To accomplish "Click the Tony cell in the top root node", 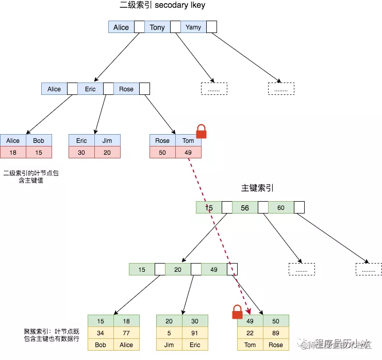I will tap(157, 27).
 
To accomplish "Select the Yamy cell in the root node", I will tap(193, 27).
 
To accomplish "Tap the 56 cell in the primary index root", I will tap(245, 207).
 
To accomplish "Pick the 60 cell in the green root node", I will tap(281, 207).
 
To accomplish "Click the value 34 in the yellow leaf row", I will tap(101, 333).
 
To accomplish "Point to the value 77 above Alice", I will tap(126, 333).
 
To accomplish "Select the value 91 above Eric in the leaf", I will tap(195, 333).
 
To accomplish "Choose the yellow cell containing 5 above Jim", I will tap(169, 333).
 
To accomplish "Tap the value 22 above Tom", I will tap(250, 333).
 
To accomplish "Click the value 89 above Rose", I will tap(276, 333).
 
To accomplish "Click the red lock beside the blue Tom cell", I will tap(201, 132).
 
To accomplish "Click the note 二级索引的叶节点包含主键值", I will tap(31, 177).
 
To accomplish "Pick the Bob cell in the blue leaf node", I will tap(39, 140).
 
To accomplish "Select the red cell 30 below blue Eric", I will tap(81, 152).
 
